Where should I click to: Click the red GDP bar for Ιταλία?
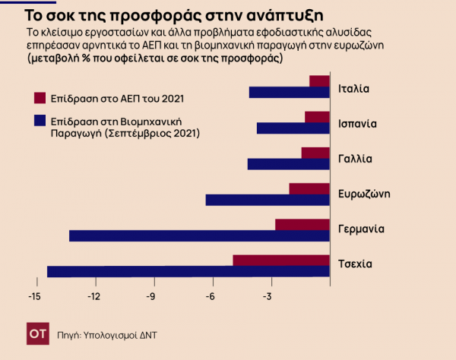coord(320,81)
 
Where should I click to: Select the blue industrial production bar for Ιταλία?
coord(290,93)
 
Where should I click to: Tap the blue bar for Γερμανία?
coord(200,236)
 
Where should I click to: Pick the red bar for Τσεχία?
coord(281,261)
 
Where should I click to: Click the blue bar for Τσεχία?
coord(188,272)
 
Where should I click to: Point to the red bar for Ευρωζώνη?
coord(309,188)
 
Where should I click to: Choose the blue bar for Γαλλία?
coord(289,164)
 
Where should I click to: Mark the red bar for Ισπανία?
coord(318,117)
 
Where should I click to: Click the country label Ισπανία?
coord(358,123)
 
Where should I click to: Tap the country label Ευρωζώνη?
coord(364,194)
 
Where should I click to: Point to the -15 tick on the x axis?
coord(33,296)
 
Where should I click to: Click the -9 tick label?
coord(152,296)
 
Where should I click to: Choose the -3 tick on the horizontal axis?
coord(268,296)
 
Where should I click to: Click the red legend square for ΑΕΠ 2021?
coord(40,98)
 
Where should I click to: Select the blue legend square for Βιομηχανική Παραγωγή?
coord(40,120)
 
